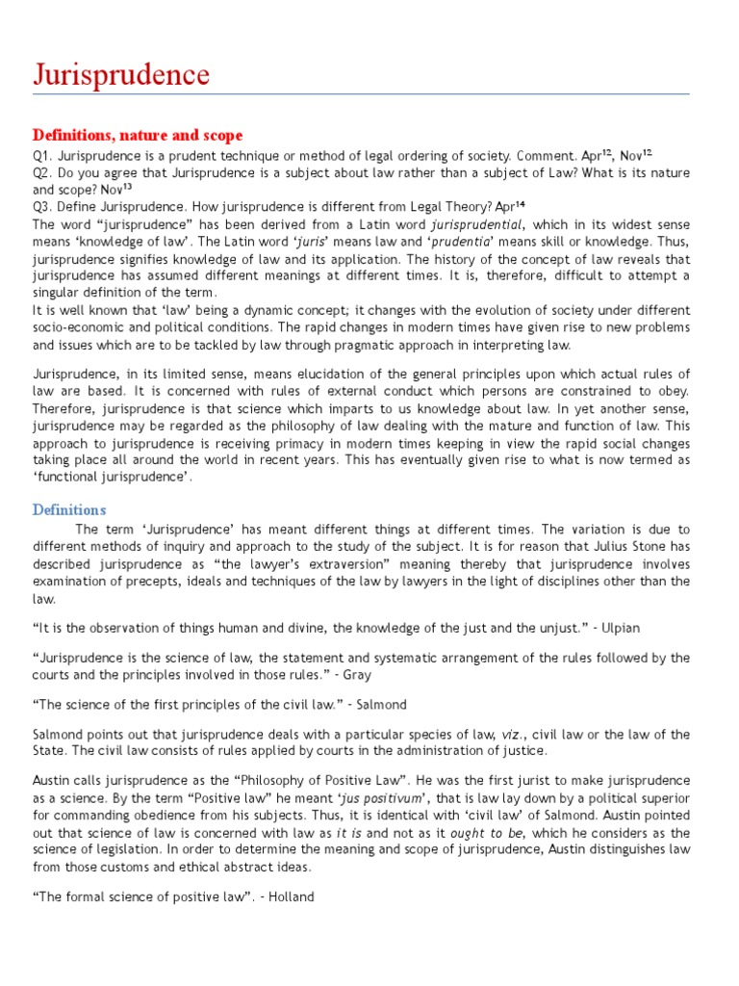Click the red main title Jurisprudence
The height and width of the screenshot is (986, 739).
click(121, 74)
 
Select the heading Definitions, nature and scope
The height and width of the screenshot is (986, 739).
click(138, 135)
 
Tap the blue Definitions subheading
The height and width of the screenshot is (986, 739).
click(69, 509)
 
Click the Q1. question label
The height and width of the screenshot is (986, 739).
click(44, 155)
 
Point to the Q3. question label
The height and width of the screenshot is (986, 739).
click(44, 206)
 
